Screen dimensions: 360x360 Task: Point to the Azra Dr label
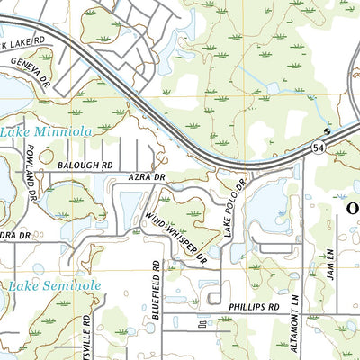pos(147,178)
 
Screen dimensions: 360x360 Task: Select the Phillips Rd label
pos(254,307)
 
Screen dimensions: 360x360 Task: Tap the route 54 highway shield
pos(319,146)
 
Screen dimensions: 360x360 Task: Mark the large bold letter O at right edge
pos(352,211)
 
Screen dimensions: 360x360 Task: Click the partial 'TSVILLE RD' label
pos(87,337)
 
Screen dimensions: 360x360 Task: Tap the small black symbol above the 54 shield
pos(328,131)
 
